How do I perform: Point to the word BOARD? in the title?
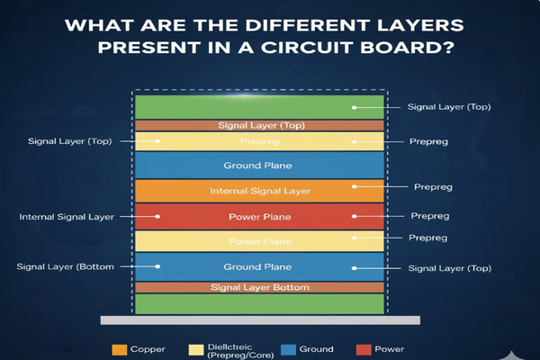(403, 46)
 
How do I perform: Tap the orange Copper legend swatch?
(118, 349)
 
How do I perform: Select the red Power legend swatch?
(363, 349)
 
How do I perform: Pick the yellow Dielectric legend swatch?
(196, 349)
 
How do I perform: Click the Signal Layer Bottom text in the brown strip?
(260, 287)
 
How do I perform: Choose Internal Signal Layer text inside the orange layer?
(260, 192)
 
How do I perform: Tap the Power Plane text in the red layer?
(260, 216)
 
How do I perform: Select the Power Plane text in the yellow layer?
(260, 241)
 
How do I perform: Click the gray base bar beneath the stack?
(259, 319)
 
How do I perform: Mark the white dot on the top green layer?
(355, 107)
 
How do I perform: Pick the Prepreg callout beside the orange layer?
(432, 187)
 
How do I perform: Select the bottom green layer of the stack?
(260, 303)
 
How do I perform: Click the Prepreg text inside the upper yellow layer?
(260, 141)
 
